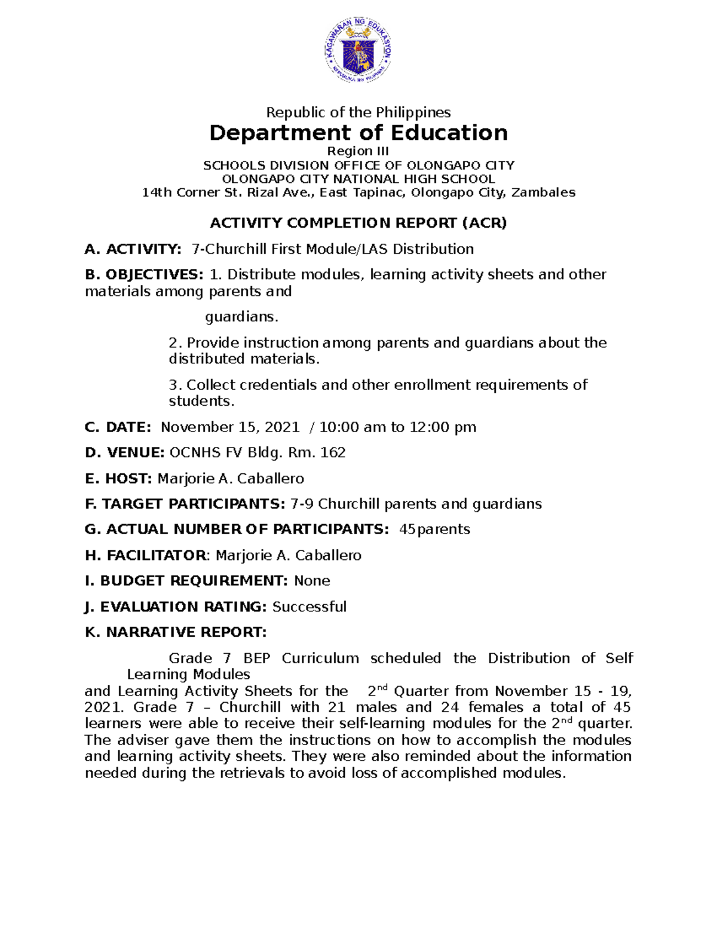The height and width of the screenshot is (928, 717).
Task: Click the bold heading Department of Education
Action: [x=358, y=133]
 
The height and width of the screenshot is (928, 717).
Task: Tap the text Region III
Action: [x=358, y=151]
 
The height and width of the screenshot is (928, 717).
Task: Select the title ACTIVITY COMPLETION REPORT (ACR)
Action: [x=358, y=223]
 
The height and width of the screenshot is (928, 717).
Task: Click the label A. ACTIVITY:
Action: [x=133, y=249]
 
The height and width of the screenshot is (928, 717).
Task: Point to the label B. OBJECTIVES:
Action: [x=144, y=275]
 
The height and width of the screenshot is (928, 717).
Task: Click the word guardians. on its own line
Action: [x=242, y=317]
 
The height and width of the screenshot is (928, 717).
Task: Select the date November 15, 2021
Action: [x=230, y=427]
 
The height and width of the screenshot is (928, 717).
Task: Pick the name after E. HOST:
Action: [x=231, y=479]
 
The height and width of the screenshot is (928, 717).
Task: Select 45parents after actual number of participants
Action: [x=434, y=529]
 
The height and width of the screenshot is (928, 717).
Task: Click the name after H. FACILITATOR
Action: [x=288, y=556]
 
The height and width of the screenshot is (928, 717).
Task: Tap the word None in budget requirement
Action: [x=312, y=581]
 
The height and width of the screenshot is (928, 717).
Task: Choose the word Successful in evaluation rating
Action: [x=310, y=607]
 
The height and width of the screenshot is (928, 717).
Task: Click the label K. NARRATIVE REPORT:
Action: [x=176, y=632]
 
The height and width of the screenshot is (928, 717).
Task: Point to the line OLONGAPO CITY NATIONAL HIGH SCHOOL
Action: [x=358, y=179]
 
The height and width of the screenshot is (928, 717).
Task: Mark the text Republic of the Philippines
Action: [x=358, y=112]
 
